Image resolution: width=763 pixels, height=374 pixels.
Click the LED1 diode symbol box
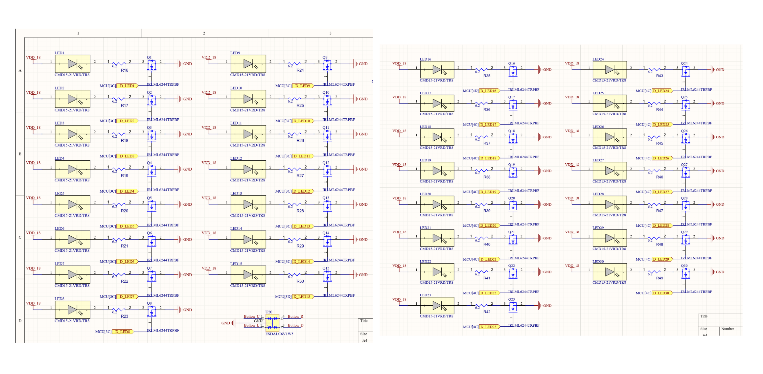click(x=72, y=64)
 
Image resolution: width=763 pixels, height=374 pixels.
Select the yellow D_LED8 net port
click(x=123, y=332)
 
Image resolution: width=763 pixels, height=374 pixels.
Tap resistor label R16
click(x=125, y=70)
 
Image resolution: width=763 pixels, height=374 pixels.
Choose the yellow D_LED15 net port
click(x=303, y=296)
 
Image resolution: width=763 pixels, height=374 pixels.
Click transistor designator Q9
click(x=325, y=58)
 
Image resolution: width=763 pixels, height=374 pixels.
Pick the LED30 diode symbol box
click(x=610, y=272)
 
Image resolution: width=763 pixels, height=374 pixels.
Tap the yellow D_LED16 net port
click(x=489, y=91)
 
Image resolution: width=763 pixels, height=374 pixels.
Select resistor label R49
click(x=659, y=278)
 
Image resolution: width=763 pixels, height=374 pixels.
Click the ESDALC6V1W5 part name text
click(x=279, y=334)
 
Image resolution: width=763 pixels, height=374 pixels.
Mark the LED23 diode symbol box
click(x=437, y=306)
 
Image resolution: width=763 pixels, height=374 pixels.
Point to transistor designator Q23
click(x=511, y=299)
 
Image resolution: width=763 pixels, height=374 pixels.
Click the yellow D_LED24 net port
click(x=662, y=91)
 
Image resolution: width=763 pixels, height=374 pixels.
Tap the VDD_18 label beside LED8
click(x=33, y=303)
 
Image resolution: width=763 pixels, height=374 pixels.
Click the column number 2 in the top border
click(x=204, y=33)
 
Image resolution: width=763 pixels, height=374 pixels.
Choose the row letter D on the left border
click(x=20, y=321)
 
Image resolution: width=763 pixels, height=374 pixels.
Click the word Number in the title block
click(x=728, y=329)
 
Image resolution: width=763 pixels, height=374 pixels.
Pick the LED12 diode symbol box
click(x=248, y=169)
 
